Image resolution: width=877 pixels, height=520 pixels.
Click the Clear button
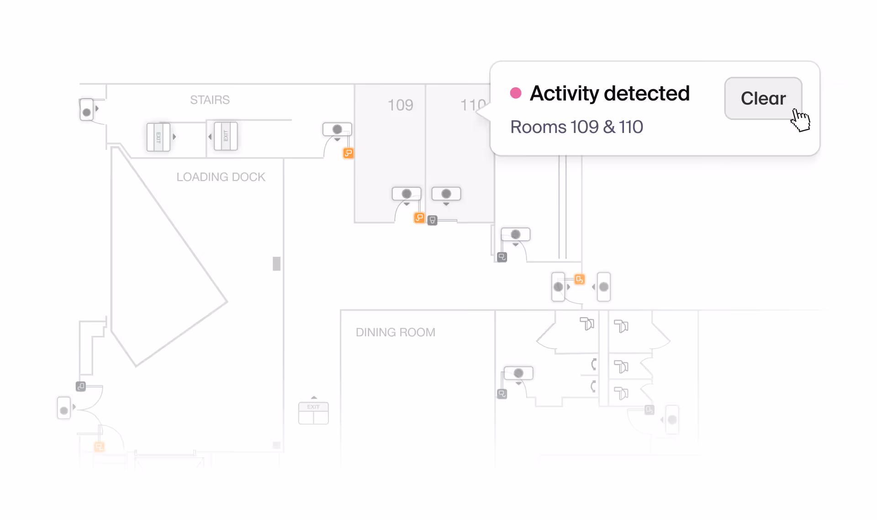[763, 98]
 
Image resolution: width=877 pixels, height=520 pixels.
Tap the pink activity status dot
[516, 93]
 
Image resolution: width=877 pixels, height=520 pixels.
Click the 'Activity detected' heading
[609, 93]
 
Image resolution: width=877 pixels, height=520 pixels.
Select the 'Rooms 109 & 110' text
[576, 127]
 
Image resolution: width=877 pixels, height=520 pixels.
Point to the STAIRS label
[210, 100]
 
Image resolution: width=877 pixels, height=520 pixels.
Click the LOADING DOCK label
[221, 177]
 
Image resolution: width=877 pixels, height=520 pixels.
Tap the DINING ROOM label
[395, 332]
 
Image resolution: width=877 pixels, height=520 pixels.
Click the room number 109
[400, 105]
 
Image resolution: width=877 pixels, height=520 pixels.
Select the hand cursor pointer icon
[800, 120]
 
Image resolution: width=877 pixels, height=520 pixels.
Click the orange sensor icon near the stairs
[348, 153]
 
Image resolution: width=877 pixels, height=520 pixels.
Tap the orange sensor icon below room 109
[419, 218]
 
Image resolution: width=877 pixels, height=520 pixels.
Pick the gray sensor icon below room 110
[433, 220]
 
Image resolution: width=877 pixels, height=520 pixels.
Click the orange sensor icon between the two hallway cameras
[579, 279]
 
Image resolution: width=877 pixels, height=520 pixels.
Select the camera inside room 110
[446, 194]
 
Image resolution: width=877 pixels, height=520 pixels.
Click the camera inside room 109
[406, 194]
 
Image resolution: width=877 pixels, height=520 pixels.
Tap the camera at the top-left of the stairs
[86, 110]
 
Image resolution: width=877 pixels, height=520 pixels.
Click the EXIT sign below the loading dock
[313, 413]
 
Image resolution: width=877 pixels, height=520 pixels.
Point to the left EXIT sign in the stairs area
[158, 137]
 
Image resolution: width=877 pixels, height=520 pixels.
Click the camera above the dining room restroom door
[518, 373]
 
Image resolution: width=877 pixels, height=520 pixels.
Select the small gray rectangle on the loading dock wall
[276, 264]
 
